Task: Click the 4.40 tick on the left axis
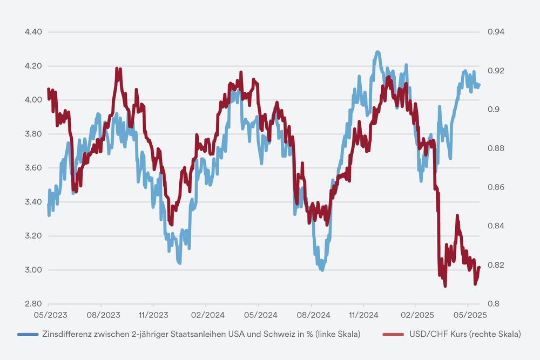tap(33, 32)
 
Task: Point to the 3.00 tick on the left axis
tap(33, 270)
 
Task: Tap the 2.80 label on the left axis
tap(33, 304)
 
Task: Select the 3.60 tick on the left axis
tap(33, 168)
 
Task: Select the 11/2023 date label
tap(153, 314)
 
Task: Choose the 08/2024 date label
tap(311, 314)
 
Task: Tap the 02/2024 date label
tap(206, 314)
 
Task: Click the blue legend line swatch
tap(28, 335)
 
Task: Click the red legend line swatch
tap(393, 335)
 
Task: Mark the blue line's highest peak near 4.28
tap(377, 52)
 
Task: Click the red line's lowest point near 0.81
tap(445, 286)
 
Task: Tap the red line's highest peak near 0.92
tap(117, 69)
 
